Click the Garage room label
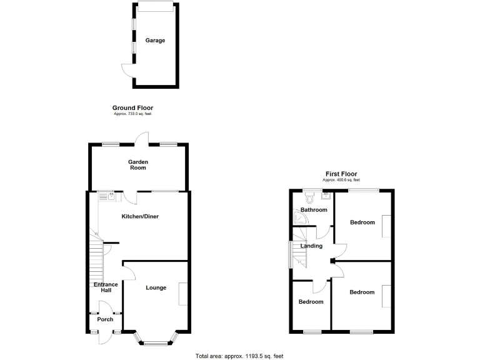156,41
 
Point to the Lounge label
156,288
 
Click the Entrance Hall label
106,288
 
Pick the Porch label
105,319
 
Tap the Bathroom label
314,210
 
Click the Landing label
311,246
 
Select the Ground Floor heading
132,108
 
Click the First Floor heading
341,174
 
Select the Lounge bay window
156,341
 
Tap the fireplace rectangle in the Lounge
182,294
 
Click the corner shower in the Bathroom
297,217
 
